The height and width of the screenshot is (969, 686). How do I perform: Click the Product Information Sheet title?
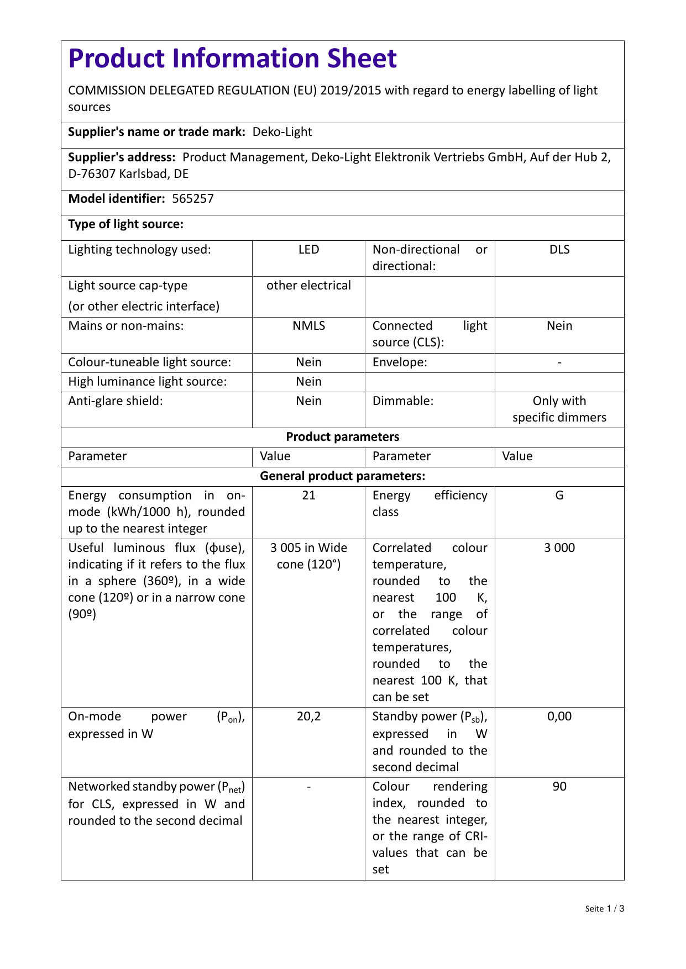click(x=232, y=59)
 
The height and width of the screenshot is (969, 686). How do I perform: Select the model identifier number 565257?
click(x=192, y=199)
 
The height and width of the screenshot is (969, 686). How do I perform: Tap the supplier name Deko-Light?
click(x=282, y=132)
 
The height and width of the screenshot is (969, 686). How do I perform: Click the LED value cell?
click(x=308, y=250)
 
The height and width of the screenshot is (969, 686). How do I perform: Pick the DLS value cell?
click(x=559, y=250)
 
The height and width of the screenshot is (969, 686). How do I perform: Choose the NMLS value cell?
click(x=308, y=326)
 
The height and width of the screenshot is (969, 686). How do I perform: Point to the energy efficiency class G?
click(x=559, y=496)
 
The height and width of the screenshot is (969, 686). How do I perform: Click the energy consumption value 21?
click(x=308, y=496)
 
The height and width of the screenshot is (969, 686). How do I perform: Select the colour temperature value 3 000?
click(x=559, y=548)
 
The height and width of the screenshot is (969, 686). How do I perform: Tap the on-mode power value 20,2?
click(x=308, y=717)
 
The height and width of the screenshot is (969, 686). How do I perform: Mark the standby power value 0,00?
click(x=559, y=717)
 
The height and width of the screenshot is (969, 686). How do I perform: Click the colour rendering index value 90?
click(x=559, y=787)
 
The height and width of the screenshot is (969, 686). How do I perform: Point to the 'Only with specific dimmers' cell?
click(x=559, y=409)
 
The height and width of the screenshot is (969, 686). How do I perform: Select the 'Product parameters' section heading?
click(x=342, y=437)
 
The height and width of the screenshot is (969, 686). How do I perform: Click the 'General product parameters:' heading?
click(x=342, y=476)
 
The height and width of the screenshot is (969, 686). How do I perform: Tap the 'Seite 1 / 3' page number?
click(x=604, y=909)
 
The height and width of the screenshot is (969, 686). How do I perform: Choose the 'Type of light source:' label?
click(x=125, y=224)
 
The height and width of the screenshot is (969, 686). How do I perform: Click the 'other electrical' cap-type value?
click(x=308, y=286)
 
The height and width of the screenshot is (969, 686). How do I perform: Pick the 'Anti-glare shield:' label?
click(x=116, y=401)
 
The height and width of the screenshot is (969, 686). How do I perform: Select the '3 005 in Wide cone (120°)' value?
click(x=308, y=556)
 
